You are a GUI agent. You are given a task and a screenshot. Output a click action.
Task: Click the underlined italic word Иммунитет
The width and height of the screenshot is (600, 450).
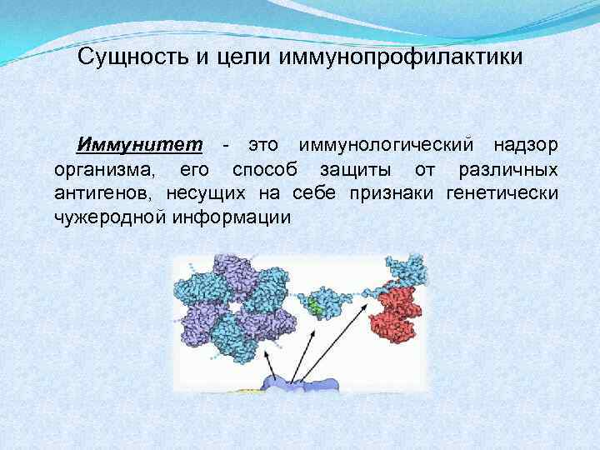tap(139, 145)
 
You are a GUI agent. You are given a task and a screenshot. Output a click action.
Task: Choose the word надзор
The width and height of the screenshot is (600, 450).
tap(525, 145)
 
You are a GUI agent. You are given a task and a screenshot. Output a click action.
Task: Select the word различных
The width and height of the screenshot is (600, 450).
tap(508, 170)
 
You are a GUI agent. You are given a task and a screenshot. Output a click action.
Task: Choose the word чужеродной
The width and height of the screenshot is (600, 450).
tap(109, 218)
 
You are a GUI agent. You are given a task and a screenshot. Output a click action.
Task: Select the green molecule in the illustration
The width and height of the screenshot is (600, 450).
tap(316, 307)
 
